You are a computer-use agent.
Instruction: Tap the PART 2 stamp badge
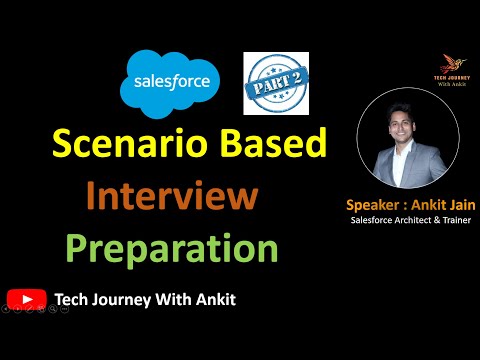click(275, 82)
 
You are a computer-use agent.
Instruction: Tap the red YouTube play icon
click(25, 297)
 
